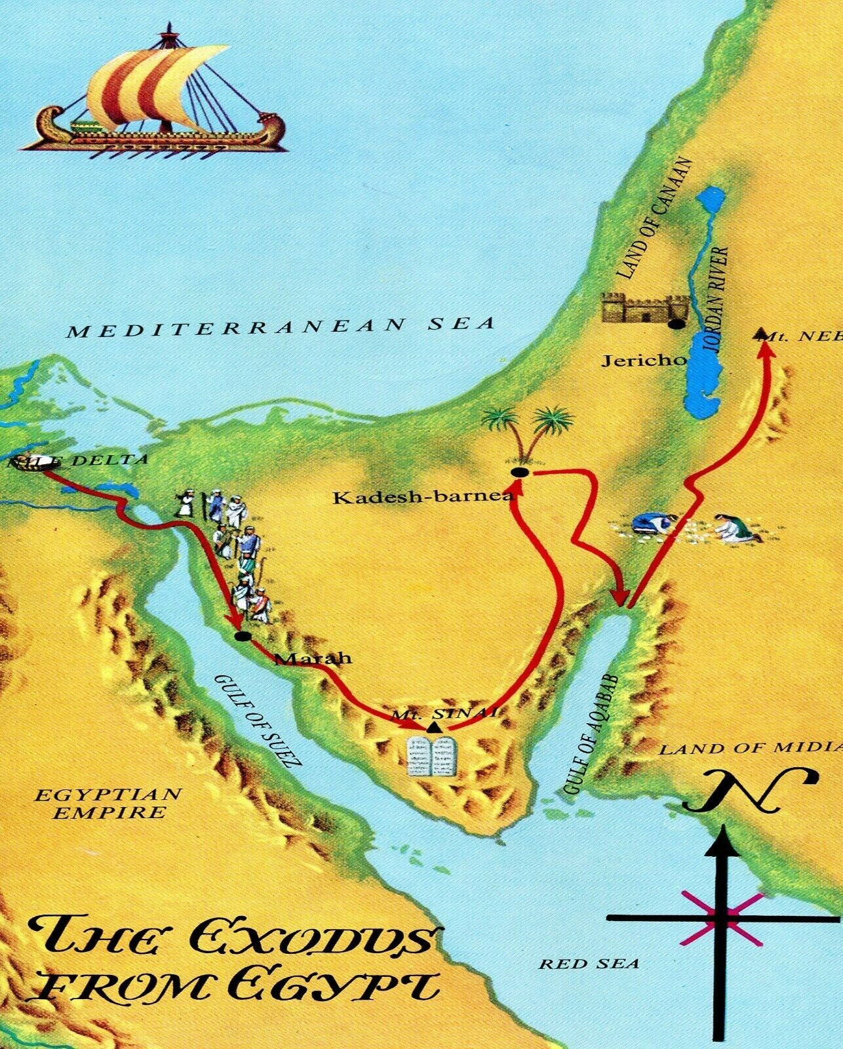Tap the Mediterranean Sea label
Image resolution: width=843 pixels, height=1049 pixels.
281,327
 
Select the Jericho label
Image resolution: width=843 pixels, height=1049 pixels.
644,360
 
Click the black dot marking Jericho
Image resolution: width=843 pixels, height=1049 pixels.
675,324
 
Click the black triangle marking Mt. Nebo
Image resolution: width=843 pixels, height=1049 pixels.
760,334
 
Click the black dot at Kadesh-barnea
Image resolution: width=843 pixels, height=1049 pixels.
519,473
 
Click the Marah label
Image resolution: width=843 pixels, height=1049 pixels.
313,658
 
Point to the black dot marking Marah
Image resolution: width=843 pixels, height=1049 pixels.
242,637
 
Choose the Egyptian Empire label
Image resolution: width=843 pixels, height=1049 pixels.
108,804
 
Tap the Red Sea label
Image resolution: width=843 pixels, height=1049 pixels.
589,964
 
